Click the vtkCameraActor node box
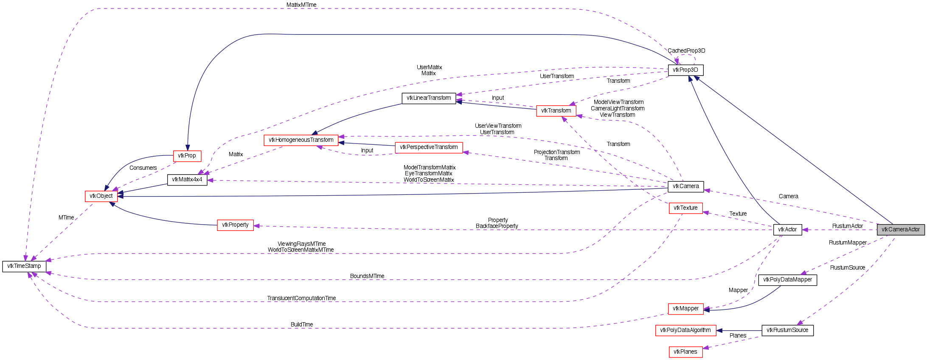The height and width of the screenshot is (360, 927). [900, 230]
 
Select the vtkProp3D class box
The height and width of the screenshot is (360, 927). [685, 70]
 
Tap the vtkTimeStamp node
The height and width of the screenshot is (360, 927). [24, 266]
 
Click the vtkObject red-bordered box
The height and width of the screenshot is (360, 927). [101, 196]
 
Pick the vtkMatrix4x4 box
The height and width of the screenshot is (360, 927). [187, 180]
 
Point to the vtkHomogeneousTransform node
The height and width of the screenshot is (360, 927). [301, 140]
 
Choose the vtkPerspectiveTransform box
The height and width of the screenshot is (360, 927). [429, 147]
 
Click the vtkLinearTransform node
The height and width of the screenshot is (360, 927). [429, 98]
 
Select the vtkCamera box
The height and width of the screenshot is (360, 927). [685, 186]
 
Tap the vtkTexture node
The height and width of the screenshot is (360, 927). [685, 208]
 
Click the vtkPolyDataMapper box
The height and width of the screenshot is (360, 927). [787, 280]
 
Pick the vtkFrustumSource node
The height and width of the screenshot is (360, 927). [787, 330]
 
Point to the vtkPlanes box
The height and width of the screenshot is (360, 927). [685, 352]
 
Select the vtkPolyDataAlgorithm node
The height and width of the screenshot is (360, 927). [685, 330]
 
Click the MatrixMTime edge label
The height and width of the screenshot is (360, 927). [301, 5]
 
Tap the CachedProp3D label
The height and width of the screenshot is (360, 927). [686, 51]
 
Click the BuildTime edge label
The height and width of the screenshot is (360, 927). [302, 325]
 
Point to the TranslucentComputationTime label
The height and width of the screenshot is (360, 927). [301, 298]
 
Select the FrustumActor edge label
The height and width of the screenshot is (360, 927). [847, 226]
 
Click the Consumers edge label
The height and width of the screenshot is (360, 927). [143, 168]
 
